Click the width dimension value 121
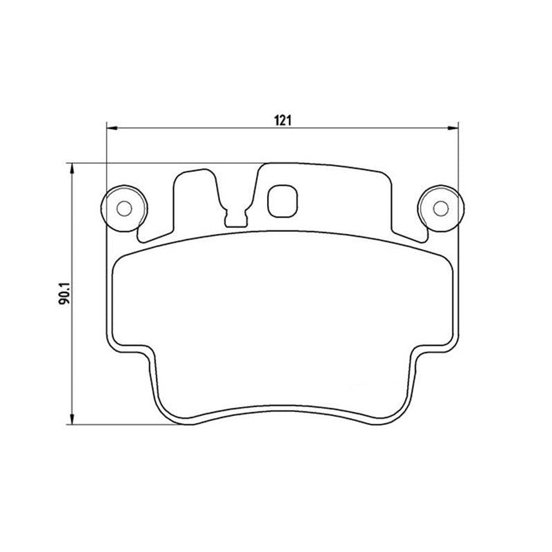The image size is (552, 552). coord(281,120)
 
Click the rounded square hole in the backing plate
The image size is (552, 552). coord(282,199)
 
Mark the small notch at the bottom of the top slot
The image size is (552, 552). coord(236,219)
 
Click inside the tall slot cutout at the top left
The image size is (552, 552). coord(197,200)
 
